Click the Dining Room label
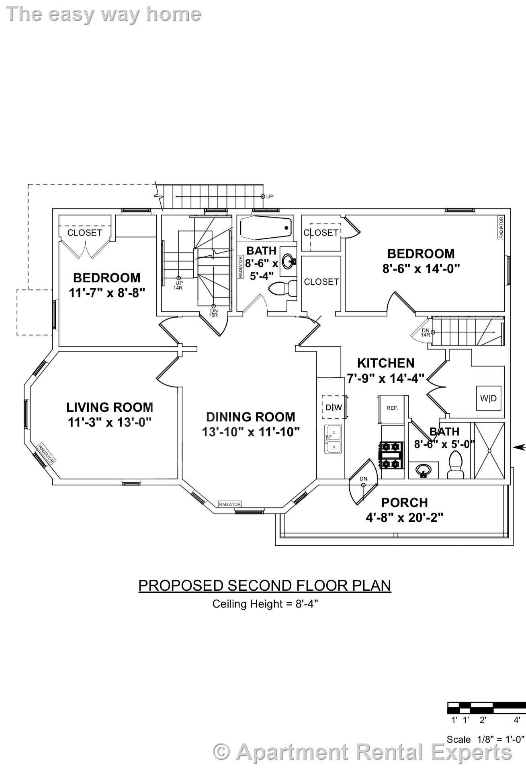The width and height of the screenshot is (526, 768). pos(251,417)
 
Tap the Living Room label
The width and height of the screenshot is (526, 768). pos(110,407)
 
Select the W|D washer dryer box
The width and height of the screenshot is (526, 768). pos(489,398)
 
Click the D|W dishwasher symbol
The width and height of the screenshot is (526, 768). pos(334,407)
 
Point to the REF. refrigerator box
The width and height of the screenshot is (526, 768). pos(392,408)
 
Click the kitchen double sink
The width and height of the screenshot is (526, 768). pos(333,439)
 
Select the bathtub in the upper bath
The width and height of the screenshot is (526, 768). pos(266,228)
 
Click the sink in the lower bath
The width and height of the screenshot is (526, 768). pos(423,469)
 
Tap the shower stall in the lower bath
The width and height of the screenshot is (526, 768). pos(489,450)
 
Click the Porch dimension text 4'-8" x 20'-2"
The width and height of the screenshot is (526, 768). pos(404,517)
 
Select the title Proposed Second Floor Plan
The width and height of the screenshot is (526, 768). pos(264,585)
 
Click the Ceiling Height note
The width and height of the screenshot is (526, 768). pos(265,604)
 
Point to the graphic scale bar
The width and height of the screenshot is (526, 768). pos(486,708)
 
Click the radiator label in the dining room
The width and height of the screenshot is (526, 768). pos(230,504)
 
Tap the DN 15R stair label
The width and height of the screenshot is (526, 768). pos(213,312)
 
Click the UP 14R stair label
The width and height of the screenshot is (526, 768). pos(178,285)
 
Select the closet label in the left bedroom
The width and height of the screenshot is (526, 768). pos(85,232)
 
